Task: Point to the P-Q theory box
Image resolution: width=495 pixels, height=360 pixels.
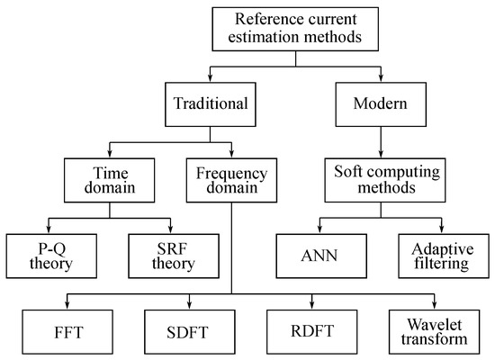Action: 50,255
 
